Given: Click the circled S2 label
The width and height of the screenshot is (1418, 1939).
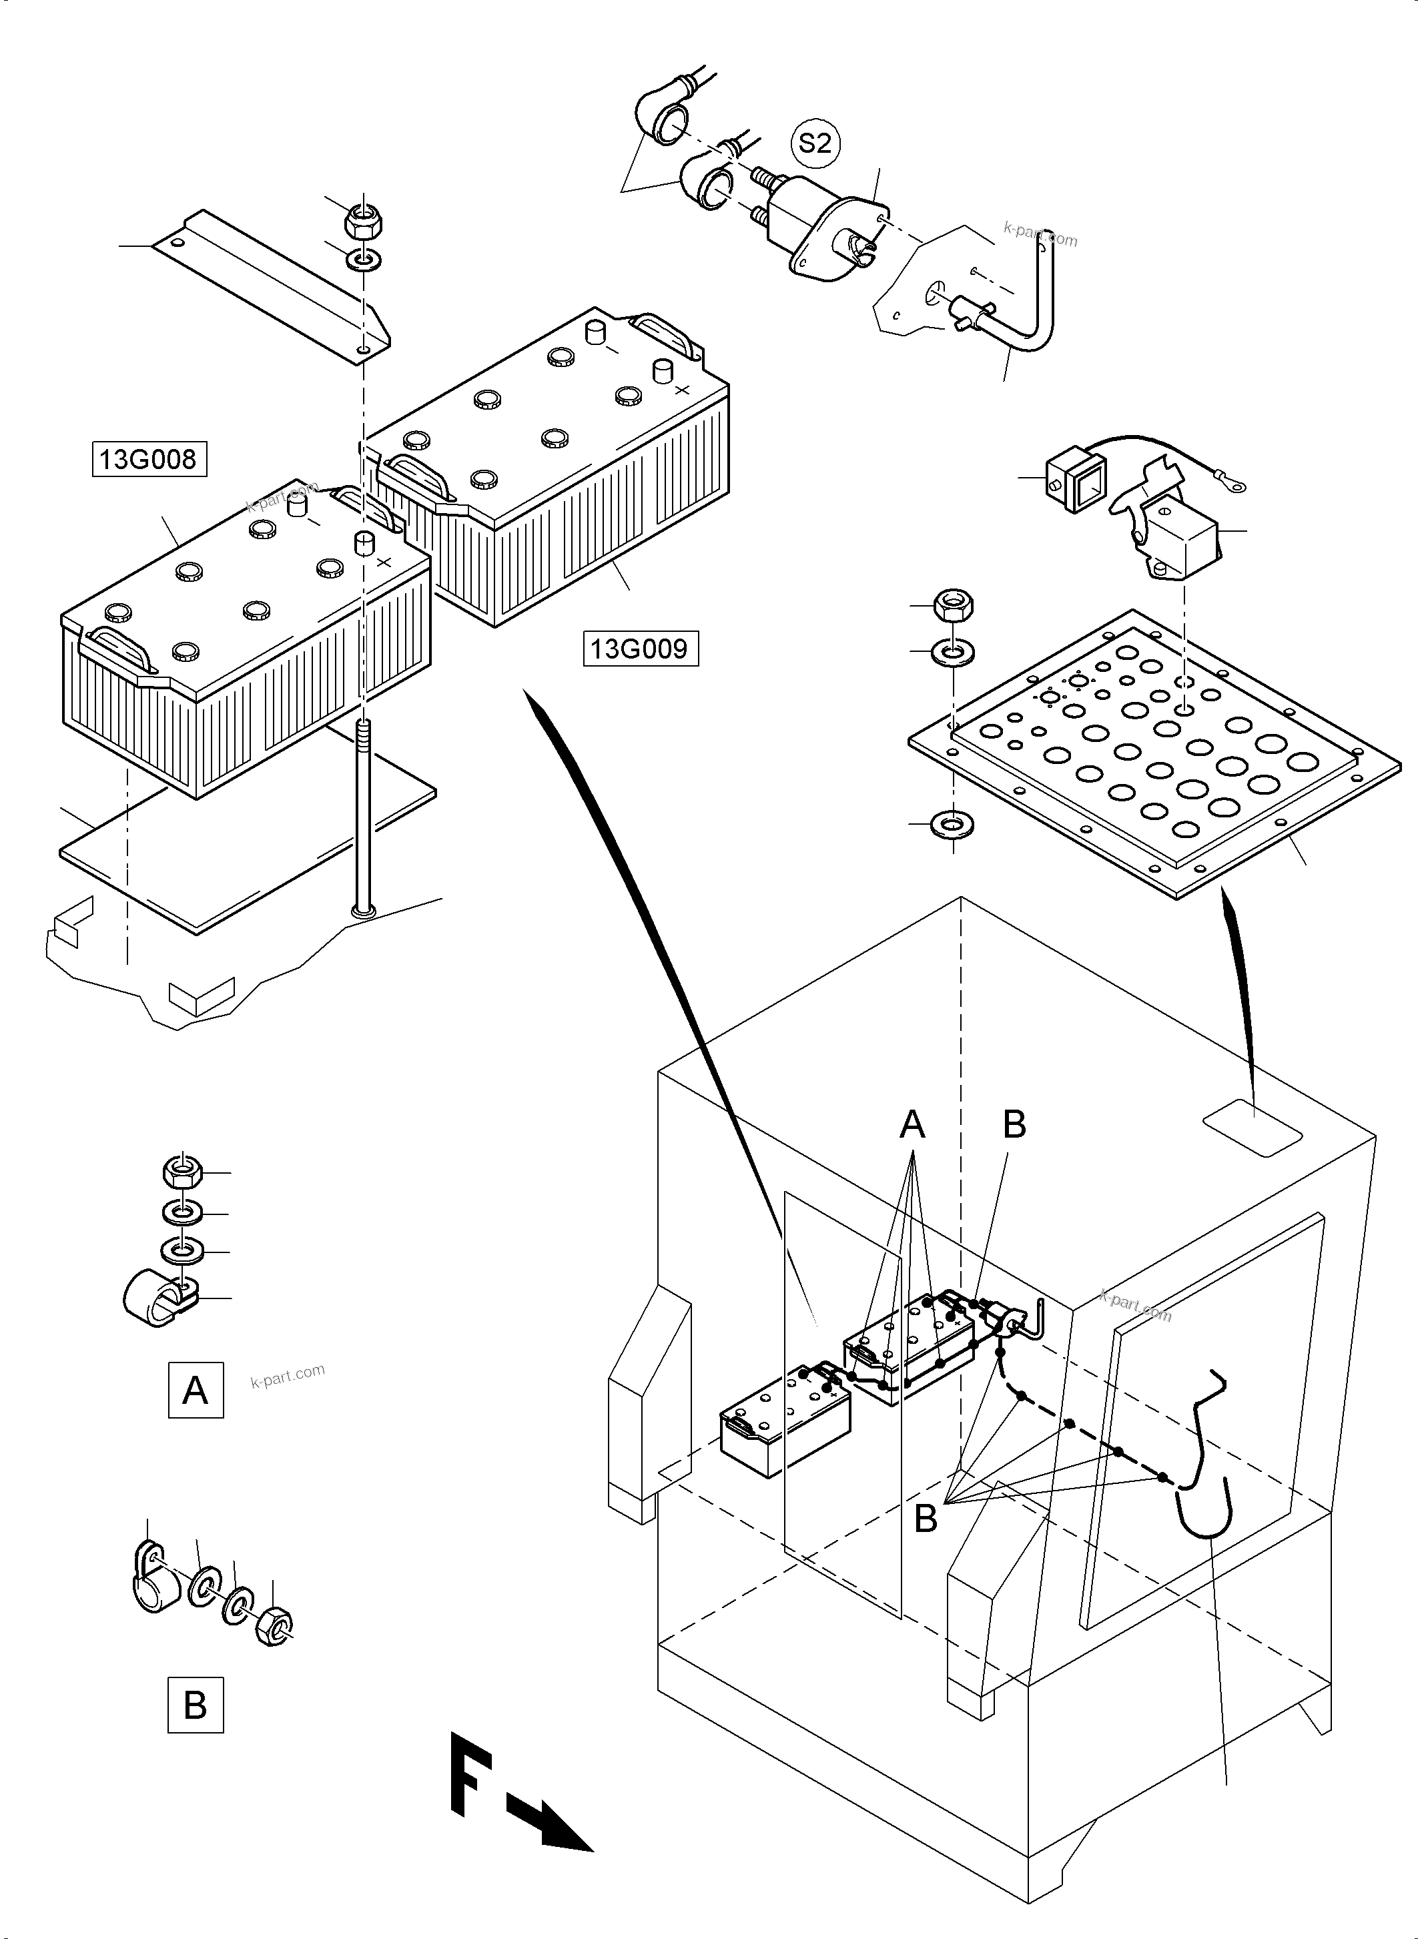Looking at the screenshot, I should coord(815,143).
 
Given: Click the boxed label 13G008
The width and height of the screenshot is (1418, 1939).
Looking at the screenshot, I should coord(149,459).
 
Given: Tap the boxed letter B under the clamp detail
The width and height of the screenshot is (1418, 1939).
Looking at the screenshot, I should coord(195,1705).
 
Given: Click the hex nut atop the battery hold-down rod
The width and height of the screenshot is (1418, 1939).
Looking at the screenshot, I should coord(363,222).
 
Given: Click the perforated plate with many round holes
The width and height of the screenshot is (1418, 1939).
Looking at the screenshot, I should coord(1154,751).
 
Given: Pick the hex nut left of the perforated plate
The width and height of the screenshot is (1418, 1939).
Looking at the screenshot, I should coord(954,606).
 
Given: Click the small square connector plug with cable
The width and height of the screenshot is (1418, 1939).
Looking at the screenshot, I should coord(1074,478).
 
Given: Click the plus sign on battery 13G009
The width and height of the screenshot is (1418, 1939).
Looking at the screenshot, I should coord(683,390).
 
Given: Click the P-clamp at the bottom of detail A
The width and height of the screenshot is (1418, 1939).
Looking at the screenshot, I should coord(159,1298).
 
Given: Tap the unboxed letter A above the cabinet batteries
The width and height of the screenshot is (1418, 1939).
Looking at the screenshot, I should coord(912,1124).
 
